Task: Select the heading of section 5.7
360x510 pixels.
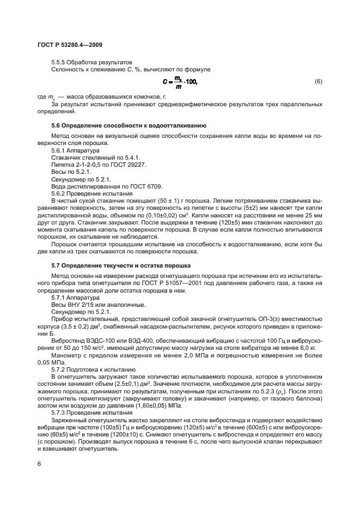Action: click(x=120, y=265)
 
